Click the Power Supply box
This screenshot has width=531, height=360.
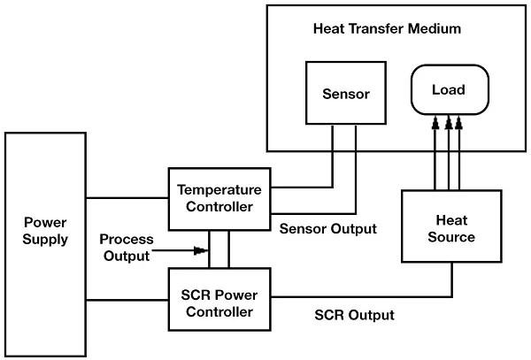coord(46,230)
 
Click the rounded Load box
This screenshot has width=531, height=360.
coord(448,90)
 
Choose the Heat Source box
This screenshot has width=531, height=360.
coord(452,227)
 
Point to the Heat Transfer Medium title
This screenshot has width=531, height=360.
coord(387,28)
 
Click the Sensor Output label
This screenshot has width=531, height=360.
coord(327,228)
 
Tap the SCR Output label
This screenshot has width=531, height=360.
coord(354,315)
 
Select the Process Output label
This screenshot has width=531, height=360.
coord(126,248)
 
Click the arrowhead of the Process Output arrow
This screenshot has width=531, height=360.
coord(205,252)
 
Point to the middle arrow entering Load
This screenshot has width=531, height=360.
coord(448,124)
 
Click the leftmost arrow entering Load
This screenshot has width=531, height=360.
coord(435,124)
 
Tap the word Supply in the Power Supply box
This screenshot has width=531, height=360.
coord(46,239)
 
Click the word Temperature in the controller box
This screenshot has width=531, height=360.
coord(219,189)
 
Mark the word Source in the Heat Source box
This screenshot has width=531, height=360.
coord(452,237)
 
